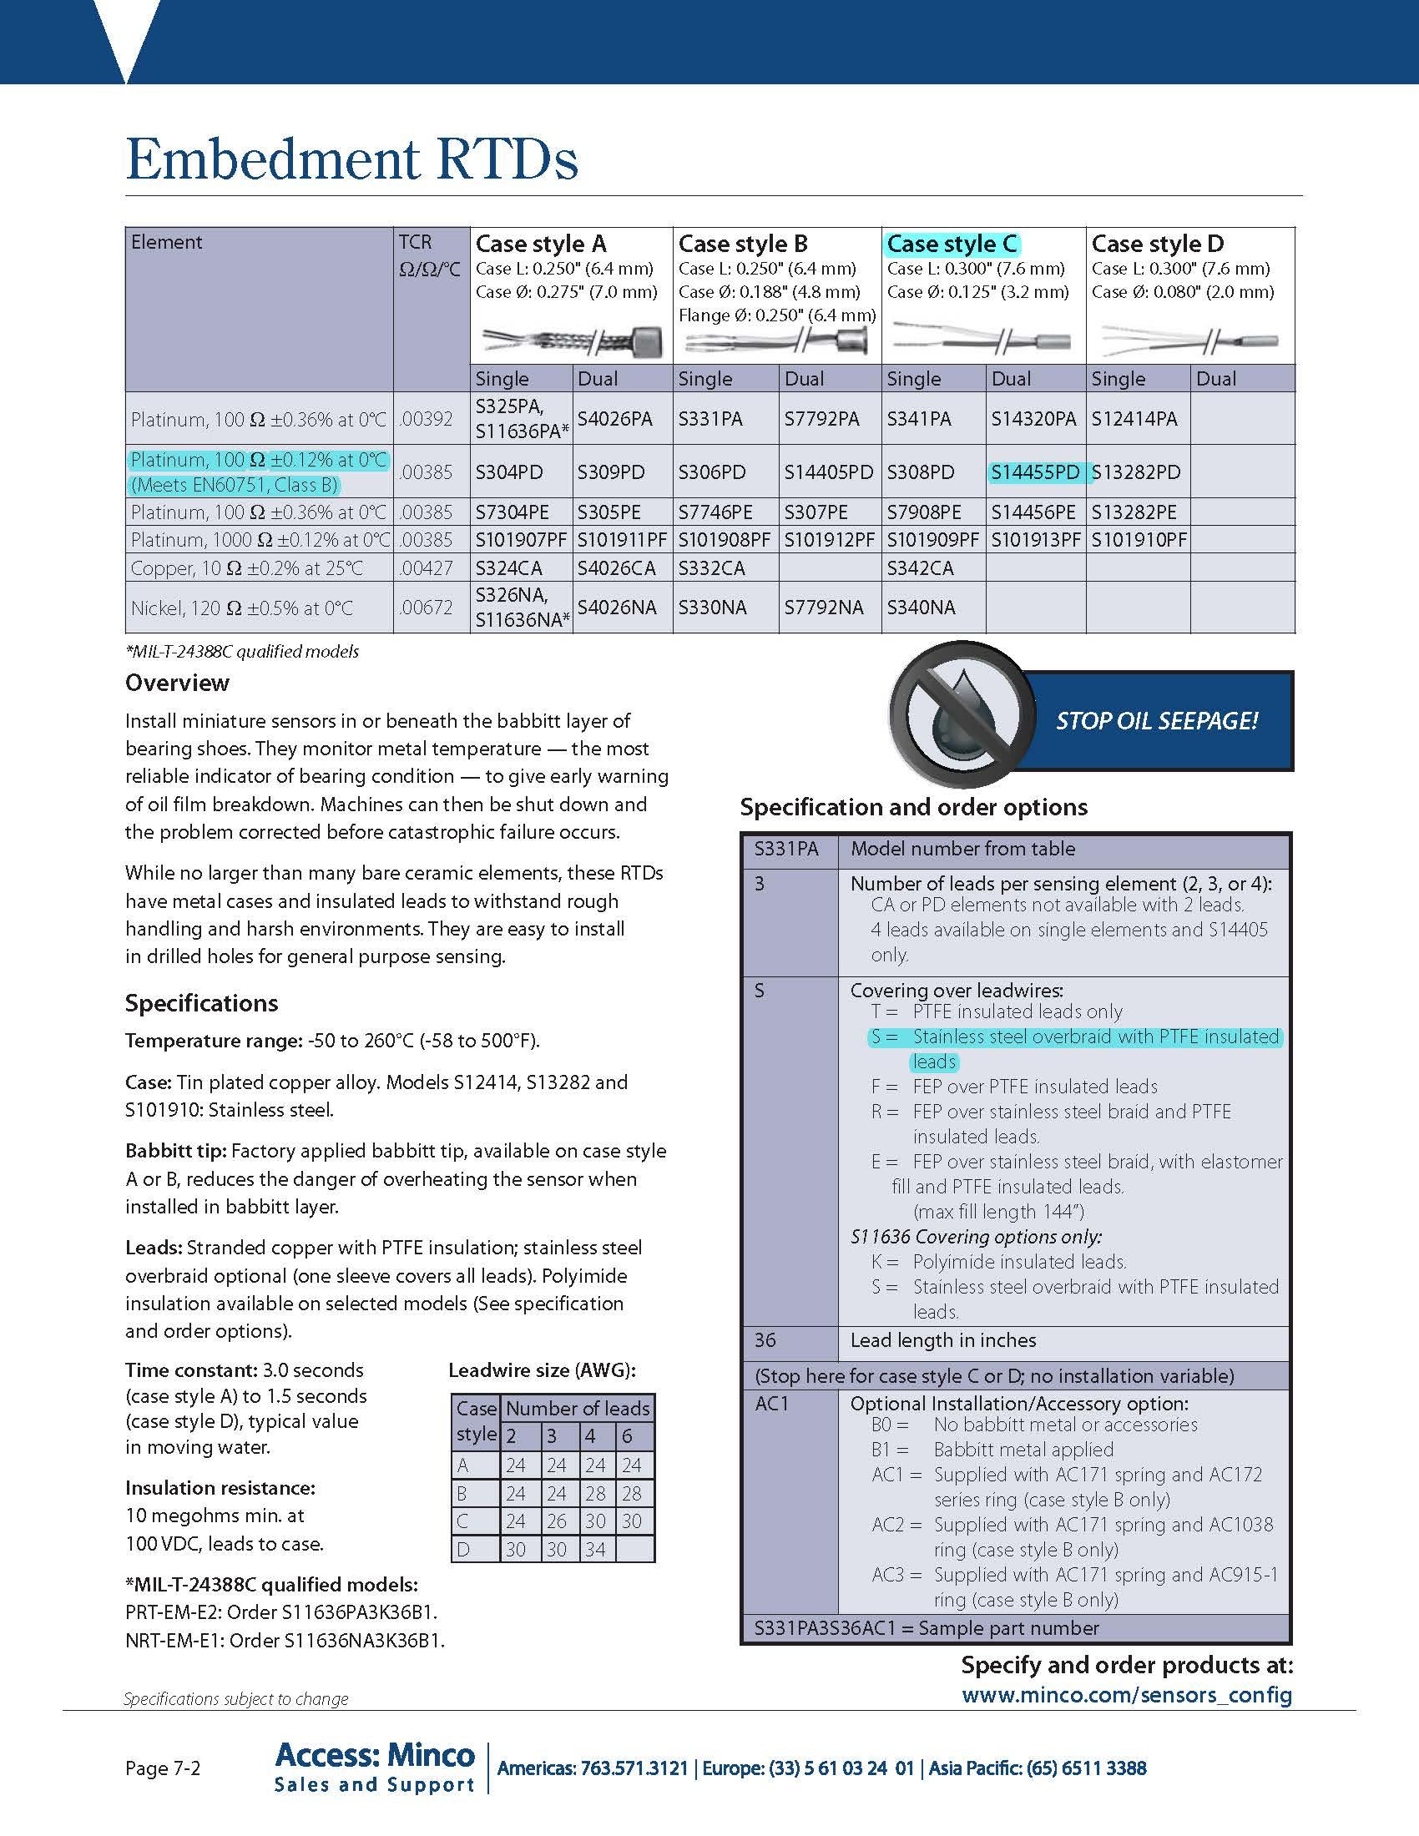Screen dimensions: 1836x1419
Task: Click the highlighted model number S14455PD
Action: [x=1035, y=472]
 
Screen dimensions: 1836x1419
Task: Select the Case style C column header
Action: [x=952, y=244]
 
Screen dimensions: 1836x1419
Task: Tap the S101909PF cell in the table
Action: [x=932, y=540]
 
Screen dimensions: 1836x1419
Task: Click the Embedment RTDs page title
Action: [x=351, y=159]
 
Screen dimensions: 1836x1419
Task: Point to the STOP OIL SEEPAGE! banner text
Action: [x=1156, y=721]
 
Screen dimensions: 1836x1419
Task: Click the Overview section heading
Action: [x=176, y=683]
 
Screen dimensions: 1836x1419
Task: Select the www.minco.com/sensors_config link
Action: [x=1127, y=1695]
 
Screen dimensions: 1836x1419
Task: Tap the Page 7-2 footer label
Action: [x=163, y=1768]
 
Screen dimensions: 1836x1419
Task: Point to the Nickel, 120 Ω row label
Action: [x=242, y=608]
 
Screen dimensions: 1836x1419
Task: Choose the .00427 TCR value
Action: [x=428, y=568]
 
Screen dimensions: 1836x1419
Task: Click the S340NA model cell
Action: [x=921, y=607]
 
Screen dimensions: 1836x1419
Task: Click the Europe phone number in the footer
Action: [x=808, y=1768]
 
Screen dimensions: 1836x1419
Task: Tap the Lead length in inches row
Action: [x=942, y=1340]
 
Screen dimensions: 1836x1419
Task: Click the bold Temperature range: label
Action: [x=214, y=1041]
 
